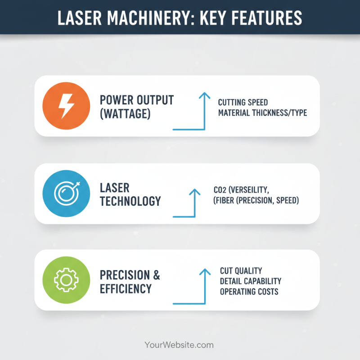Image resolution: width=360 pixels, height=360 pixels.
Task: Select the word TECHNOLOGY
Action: tap(130, 201)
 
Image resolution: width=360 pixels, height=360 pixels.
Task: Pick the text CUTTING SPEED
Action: tap(243, 102)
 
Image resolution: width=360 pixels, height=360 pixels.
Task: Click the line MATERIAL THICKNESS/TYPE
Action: tap(262, 112)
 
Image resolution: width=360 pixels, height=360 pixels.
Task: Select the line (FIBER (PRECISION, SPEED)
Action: tap(256, 200)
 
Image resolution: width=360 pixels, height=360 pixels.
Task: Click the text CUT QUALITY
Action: tap(241, 270)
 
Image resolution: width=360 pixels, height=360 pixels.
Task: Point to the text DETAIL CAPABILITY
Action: tap(251, 281)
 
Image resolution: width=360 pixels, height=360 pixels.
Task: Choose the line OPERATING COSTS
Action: tap(249, 292)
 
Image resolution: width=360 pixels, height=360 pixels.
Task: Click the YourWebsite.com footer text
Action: tap(179, 345)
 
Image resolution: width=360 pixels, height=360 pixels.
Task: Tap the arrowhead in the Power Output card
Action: tap(204, 95)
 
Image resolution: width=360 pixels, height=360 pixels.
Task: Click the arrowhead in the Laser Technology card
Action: tap(194, 191)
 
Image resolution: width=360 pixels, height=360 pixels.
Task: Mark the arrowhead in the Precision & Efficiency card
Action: tap(204, 271)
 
